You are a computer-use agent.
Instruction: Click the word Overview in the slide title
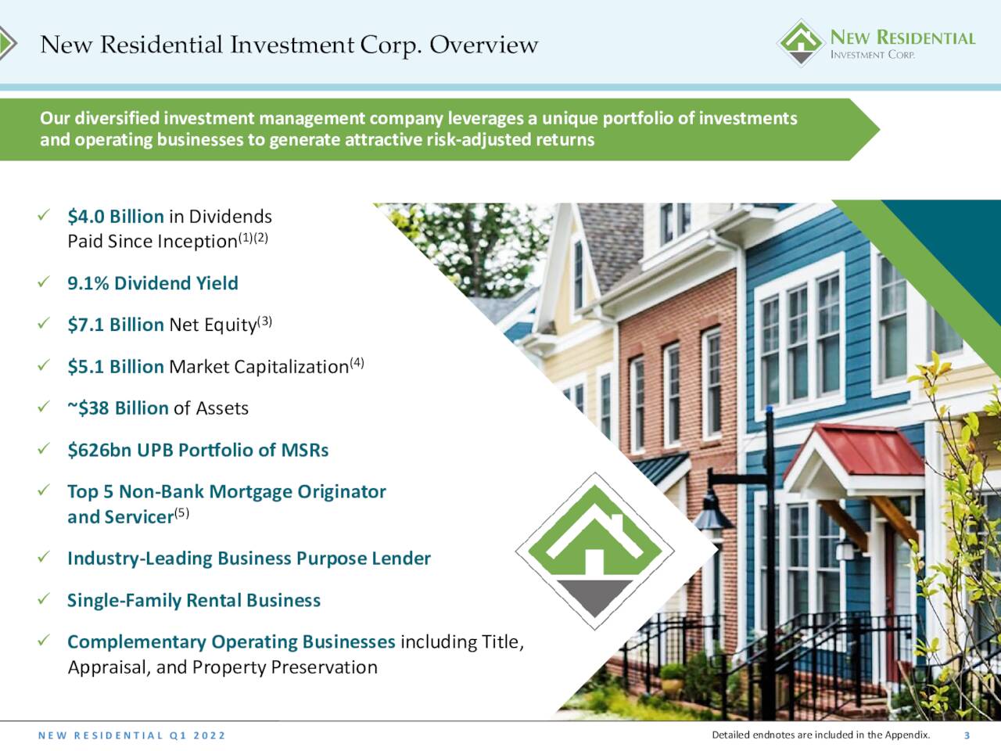(483, 45)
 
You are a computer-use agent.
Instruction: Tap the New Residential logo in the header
(876, 43)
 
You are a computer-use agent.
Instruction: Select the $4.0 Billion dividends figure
(116, 216)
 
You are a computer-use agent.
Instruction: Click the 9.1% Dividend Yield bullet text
(152, 283)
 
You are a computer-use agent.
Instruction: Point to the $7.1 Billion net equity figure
(116, 325)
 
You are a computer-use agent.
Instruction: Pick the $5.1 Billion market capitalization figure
(116, 367)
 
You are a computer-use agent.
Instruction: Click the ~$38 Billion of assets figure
(118, 408)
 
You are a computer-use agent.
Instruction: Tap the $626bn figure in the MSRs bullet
(95, 450)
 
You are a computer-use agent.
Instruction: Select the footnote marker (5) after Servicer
(181, 513)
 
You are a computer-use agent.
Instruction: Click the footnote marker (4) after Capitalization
(357, 363)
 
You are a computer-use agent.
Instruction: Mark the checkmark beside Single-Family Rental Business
(44, 598)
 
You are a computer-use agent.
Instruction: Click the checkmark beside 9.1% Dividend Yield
(44, 282)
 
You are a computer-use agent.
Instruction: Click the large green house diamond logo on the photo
(594, 552)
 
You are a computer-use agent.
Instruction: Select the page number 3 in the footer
(967, 735)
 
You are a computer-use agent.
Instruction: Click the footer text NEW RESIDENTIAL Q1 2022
(132, 735)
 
